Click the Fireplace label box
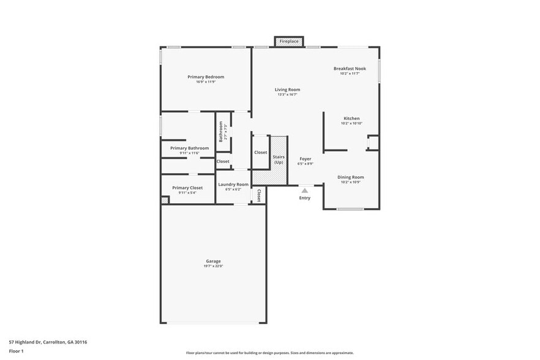289,42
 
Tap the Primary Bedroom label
206,77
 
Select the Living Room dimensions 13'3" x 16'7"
287,95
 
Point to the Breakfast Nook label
350,69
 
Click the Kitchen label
351,118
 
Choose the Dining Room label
351,177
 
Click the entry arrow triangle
304,190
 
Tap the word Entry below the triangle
304,198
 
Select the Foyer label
305,159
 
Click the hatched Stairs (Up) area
279,160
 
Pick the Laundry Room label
233,184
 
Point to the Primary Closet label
187,188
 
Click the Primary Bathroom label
189,148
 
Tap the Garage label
213,261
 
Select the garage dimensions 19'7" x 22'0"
213,266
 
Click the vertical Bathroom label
220,132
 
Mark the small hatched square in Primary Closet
164,200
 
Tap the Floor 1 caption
16,351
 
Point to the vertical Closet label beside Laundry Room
259,195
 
